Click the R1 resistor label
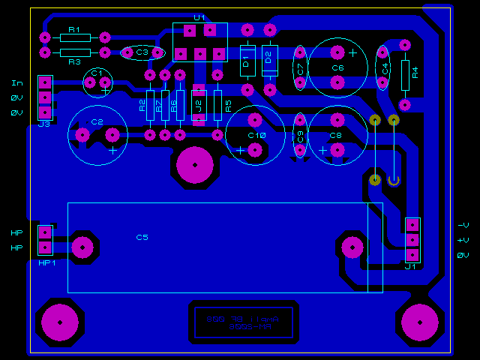[73, 30]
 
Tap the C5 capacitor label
[142, 237]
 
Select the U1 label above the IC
[199, 17]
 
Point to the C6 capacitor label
[337, 67]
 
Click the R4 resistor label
[415, 73]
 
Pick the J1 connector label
[410, 266]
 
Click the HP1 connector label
[47, 263]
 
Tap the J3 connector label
[43, 124]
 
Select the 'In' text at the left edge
[16, 82]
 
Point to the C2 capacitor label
[97, 121]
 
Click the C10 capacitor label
[256, 135]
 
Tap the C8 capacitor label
[335, 136]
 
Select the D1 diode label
[244, 62]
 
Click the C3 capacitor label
[142, 52]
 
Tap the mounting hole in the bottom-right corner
[420, 321]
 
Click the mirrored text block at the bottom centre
[243, 322]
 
